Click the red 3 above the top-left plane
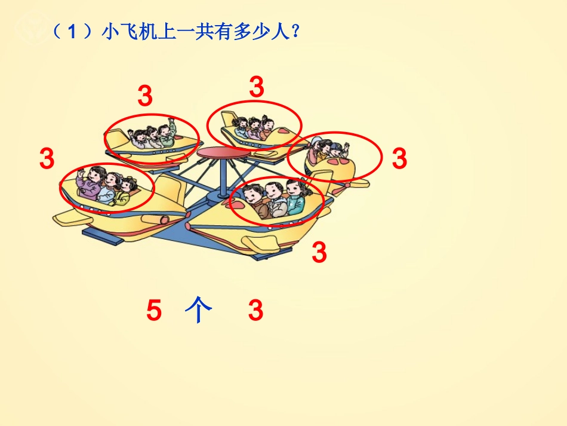tap(145, 96)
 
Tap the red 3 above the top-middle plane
tap(256, 87)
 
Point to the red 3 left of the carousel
tap(47, 159)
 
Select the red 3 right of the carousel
tap(399, 159)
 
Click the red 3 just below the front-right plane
tap(320, 252)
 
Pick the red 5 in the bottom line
tap(154, 311)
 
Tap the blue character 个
tap(199, 311)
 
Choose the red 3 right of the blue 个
tap(256, 311)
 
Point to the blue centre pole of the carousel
tap(223, 179)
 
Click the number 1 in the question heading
tap(72, 32)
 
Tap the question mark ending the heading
tap(294, 32)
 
